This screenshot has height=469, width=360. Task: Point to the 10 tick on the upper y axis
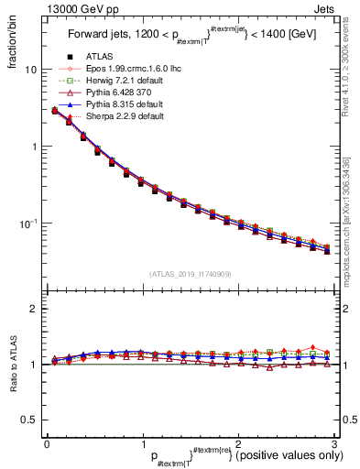30,70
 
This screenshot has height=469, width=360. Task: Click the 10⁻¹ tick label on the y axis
28,224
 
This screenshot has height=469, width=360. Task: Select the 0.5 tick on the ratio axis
29,420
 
